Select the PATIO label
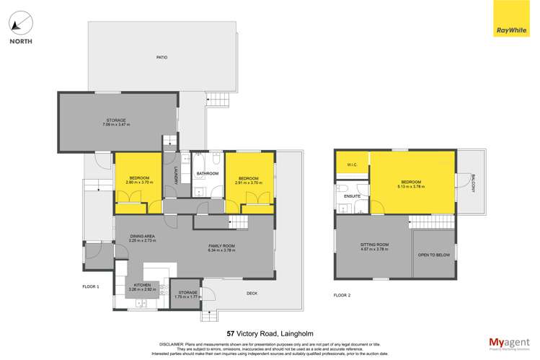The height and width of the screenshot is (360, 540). [x=162, y=57]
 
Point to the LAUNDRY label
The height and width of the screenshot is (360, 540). [x=176, y=177]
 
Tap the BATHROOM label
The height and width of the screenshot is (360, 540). [x=208, y=174]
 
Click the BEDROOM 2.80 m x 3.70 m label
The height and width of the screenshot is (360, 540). [x=139, y=180]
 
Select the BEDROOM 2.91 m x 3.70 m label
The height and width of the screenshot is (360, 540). [x=249, y=180]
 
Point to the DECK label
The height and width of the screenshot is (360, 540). [x=252, y=293]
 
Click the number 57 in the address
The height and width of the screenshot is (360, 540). [x=231, y=333]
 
